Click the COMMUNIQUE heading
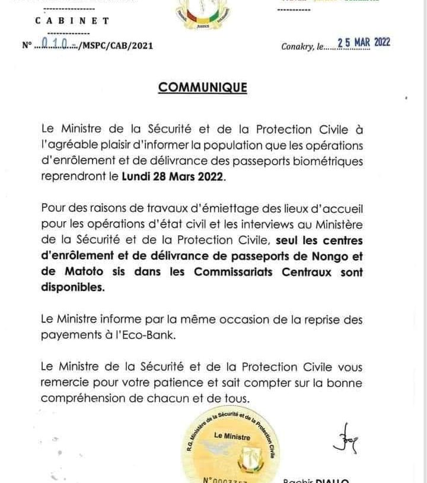202,88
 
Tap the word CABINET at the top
72,21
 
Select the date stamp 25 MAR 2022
364,42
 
